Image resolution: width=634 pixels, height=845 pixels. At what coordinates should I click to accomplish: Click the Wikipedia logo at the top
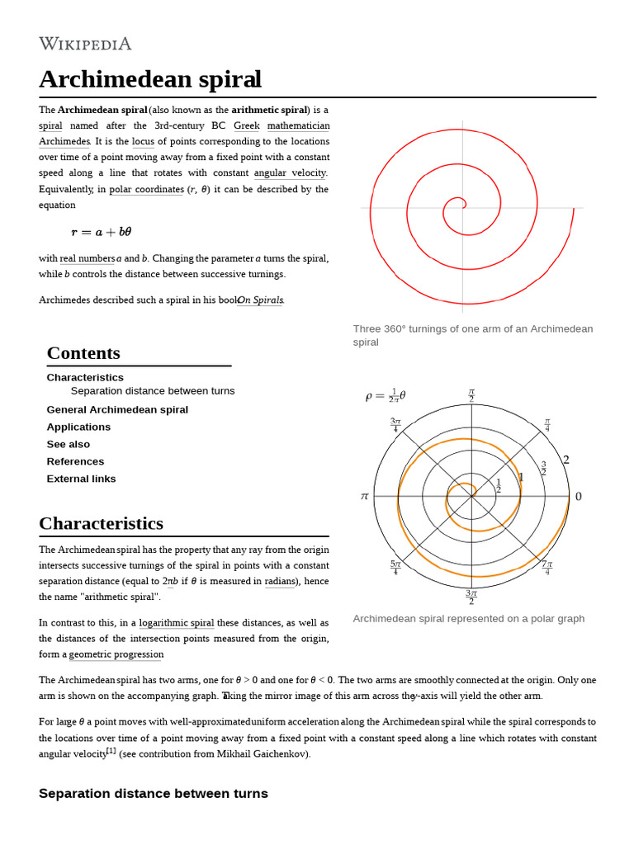(85, 44)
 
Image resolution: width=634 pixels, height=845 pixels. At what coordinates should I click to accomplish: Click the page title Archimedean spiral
(150, 80)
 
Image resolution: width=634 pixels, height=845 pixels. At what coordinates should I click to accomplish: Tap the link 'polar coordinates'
(146, 189)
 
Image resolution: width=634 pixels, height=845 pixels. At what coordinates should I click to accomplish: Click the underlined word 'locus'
(143, 142)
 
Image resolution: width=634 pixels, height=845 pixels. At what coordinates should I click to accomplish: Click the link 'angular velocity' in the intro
(290, 173)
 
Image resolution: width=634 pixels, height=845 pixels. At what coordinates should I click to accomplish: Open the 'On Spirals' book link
(261, 300)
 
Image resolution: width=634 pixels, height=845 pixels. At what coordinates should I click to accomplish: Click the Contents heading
(83, 353)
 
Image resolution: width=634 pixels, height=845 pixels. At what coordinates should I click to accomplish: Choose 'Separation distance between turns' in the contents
(153, 391)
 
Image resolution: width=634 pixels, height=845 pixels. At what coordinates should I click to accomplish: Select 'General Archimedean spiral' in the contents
(117, 410)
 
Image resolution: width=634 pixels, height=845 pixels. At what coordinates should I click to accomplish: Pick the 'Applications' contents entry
(78, 427)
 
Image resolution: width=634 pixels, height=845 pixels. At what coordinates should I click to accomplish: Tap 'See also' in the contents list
(69, 445)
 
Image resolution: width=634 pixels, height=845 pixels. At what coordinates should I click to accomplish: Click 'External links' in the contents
(81, 479)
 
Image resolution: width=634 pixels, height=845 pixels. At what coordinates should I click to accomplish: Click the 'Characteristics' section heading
(101, 524)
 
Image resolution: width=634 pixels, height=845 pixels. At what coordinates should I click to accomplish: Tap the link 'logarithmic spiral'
(176, 623)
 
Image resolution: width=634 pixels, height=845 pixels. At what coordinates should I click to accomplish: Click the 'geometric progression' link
(116, 654)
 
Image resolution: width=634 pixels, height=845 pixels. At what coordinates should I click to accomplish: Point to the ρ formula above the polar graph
(386, 396)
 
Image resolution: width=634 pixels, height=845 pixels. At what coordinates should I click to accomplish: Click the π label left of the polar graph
(364, 496)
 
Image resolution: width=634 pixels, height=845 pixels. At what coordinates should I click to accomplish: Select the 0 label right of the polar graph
(578, 496)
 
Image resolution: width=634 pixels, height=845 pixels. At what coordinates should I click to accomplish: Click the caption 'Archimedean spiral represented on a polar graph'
(468, 619)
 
